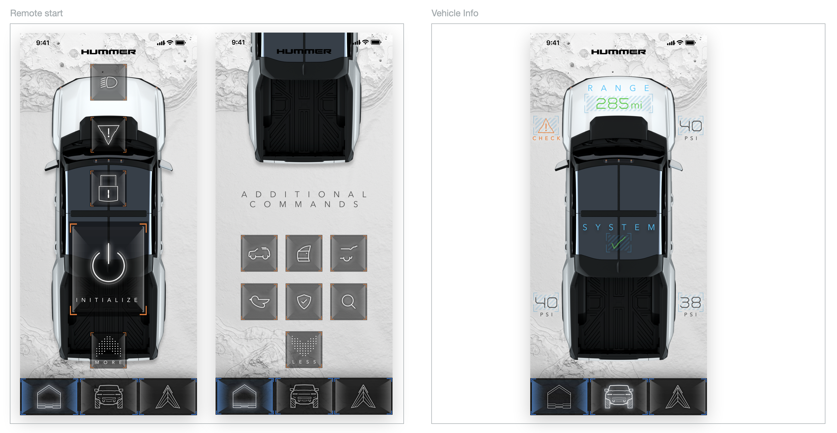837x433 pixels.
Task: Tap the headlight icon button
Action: pyautogui.click(x=109, y=82)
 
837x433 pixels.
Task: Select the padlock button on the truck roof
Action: pyautogui.click(x=108, y=189)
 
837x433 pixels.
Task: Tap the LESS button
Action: pyautogui.click(x=304, y=350)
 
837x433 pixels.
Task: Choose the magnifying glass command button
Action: pyautogui.click(x=349, y=301)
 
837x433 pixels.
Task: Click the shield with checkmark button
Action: pyautogui.click(x=304, y=301)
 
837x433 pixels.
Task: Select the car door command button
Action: pyautogui.click(x=304, y=253)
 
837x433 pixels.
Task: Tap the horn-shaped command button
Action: pyautogui.click(x=259, y=301)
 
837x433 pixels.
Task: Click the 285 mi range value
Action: pyautogui.click(x=619, y=103)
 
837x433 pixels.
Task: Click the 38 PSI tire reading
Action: pyautogui.click(x=690, y=305)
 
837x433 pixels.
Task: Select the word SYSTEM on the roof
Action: pyautogui.click(x=619, y=227)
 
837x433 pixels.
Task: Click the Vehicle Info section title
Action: pyautogui.click(x=455, y=13)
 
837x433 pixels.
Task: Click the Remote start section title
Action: pyautogui.click(x=36, y=13)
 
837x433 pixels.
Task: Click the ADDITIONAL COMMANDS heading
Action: pyautogui.click(x=304, y=199)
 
